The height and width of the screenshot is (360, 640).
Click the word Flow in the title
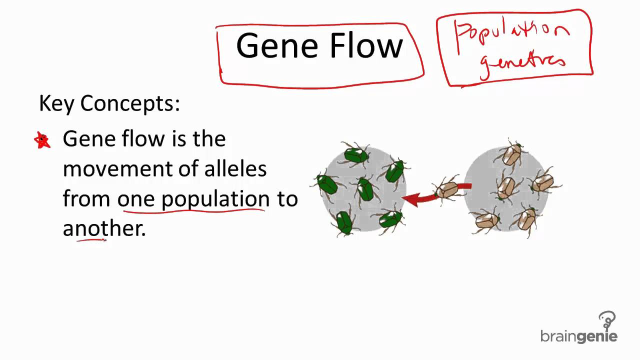pyautogui.click(x=366, y=46)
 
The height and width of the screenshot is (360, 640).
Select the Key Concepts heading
pyautogui.click(x=109, y=103)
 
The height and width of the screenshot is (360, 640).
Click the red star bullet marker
pyautogui.click(x=42, y=140)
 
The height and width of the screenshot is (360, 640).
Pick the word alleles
pyautogui.click(x=235, y=168)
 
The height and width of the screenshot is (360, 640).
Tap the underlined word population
pyautogui.click(x=215, y=199)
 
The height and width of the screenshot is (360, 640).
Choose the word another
pyautogui.click(x=104, y=228)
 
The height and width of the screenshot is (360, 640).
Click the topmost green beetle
pyautogui.click(x=356, y=155)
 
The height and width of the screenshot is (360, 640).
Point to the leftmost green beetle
pyautogui.click(x=327, y=184)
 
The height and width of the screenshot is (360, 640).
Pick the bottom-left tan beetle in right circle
pyautogui.click(x=486, y=220)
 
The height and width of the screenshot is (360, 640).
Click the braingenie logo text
pyautogui.click(x=578, y=336)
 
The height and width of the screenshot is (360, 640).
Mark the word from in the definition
pyautogui.click(x=86, y=199)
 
